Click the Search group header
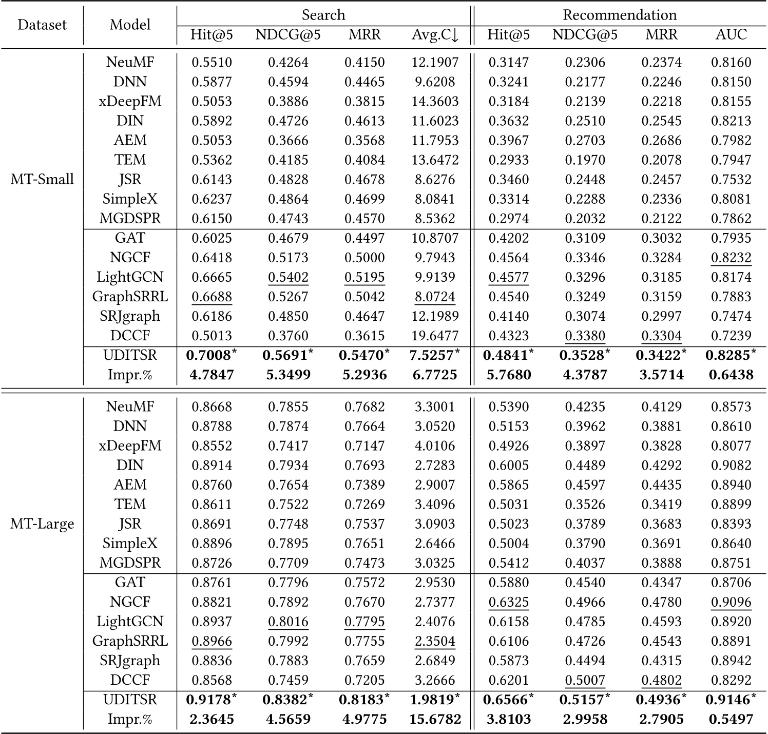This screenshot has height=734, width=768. coord(323,15)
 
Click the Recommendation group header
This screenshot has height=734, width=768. coord(620,15)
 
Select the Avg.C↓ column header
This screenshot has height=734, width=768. coord(435,35)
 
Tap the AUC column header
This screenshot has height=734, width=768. coord(731,35)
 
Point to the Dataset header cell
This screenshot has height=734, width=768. coord(42,25)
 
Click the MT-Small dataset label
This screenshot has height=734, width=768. coord(42,180)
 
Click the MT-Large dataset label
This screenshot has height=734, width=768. coord(42,524)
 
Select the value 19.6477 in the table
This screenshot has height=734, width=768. coord(435,336)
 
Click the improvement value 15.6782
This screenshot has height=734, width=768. coord(435,719)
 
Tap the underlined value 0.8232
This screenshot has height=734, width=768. coord(731,258)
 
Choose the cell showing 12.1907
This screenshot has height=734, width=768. coord(435,63)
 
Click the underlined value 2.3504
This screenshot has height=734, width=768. coord(435,641)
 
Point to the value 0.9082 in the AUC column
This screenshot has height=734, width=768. coord(731,466)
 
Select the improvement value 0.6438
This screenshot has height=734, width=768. coord(731,375)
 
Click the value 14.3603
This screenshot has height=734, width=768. coord(435,102)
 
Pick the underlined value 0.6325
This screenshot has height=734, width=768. coord(508,602)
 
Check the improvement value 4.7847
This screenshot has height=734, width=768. coord(212,375)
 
